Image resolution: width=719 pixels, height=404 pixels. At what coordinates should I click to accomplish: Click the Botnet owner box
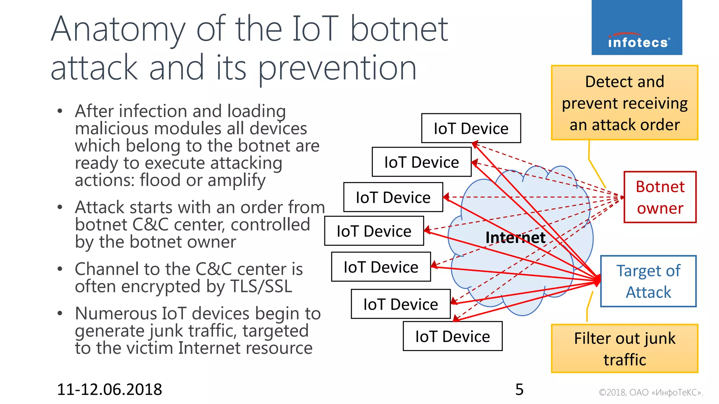click(660, 197)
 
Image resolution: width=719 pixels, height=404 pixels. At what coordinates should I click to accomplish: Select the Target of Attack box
click(648, 281)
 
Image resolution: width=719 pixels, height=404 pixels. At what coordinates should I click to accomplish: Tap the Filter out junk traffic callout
click(624, 349)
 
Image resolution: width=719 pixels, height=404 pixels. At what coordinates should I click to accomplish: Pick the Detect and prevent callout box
click(624, 103)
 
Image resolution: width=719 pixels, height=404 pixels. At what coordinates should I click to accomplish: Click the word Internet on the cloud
click(515, 238)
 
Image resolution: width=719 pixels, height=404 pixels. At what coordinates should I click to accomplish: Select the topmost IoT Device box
click(471, 128)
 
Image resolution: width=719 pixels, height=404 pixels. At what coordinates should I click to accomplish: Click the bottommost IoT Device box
click(452, 336)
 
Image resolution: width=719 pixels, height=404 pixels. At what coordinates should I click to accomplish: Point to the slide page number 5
click(519, 389)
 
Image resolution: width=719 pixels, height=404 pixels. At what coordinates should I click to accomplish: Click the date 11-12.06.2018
click(109, 389)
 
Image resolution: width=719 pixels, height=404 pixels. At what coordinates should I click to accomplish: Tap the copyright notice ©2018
click(651, 392)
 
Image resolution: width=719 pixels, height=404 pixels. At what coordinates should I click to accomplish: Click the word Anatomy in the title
click(118, 30)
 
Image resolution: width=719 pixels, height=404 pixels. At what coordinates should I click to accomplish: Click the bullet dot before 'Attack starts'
click(60, 207)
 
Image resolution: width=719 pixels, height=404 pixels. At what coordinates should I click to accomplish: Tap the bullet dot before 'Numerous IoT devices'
click(60, 313)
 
